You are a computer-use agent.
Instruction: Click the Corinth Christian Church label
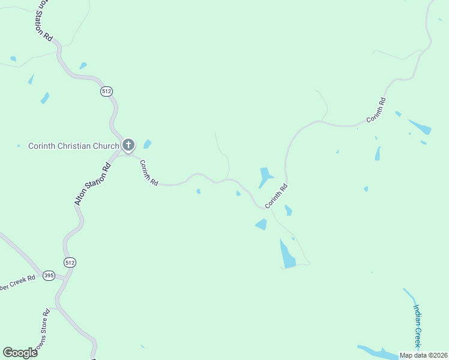tap(74, 146)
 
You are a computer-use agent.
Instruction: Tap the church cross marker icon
tap(128, 145)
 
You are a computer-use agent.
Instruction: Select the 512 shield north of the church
tap(107, 91)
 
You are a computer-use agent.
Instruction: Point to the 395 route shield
tap(49, 275)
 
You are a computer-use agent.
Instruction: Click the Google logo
tap(20, 352)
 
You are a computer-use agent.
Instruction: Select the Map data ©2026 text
tap(424, 355)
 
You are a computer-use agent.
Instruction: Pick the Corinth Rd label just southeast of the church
tap(149, 173)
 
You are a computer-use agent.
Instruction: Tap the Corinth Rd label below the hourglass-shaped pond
tap(277, 196)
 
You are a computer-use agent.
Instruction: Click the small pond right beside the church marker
tap(147, 144)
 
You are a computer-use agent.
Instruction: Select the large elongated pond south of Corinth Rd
tap(287, 254)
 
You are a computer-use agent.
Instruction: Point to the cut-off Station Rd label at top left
tap(41, 20)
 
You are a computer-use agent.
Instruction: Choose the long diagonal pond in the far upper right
tap(420, 127)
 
